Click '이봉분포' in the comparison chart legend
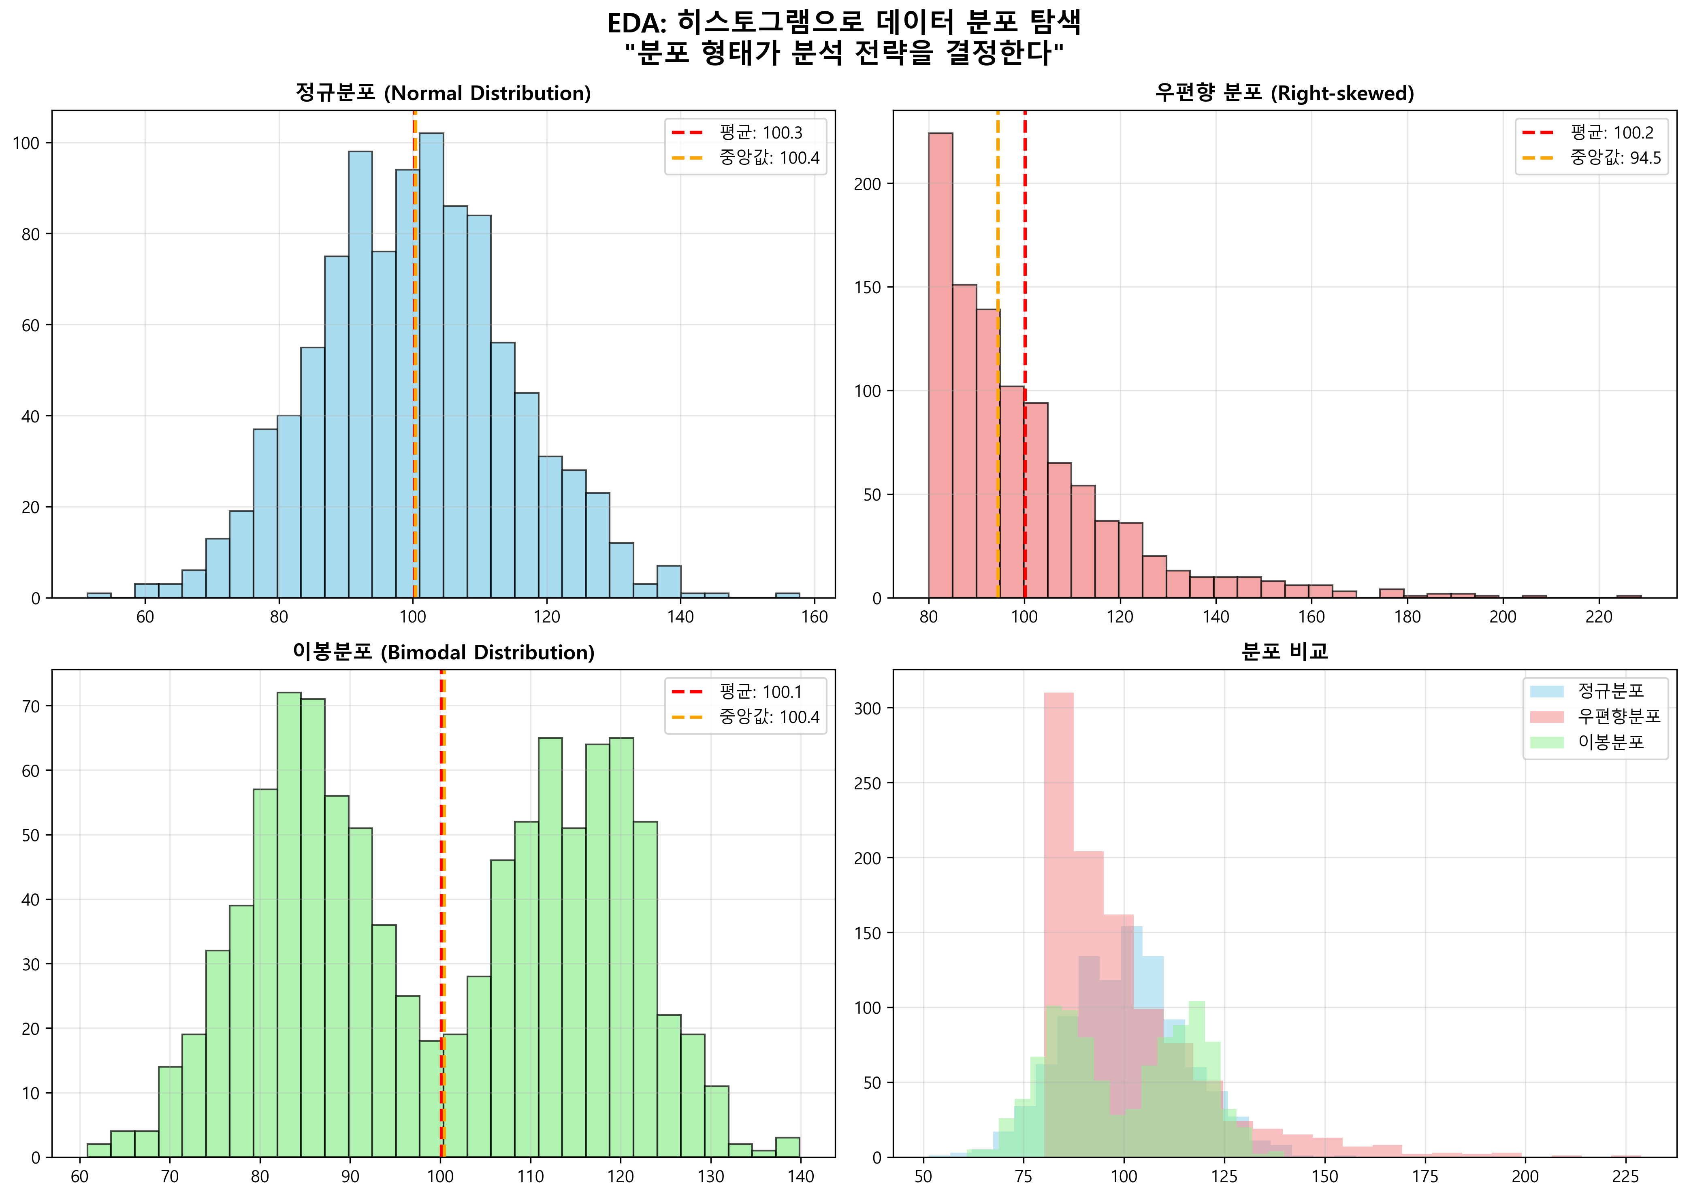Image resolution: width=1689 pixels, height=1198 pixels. tap(1610, 742)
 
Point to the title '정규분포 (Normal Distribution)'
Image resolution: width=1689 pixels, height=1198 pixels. tap(443, 93)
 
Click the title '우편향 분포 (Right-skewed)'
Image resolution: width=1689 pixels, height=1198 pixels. tap(1284, 93)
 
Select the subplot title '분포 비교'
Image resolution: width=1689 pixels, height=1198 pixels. tap(1284, 651)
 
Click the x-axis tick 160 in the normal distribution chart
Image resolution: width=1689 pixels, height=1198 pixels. tap(814, 617)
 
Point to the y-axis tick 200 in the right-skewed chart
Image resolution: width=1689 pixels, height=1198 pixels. tap(867, 184)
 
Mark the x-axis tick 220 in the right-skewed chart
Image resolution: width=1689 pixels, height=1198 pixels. tap(1598, 617)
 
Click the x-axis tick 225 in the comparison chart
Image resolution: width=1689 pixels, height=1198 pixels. tap(1625, 1176)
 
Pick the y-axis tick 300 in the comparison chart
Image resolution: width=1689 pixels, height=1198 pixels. tap(867, 708)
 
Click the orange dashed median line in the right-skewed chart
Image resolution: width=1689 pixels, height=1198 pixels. tap(998, 443)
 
